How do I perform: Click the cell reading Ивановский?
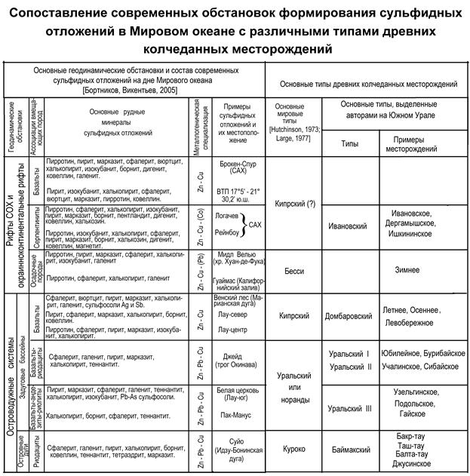(348, 225)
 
